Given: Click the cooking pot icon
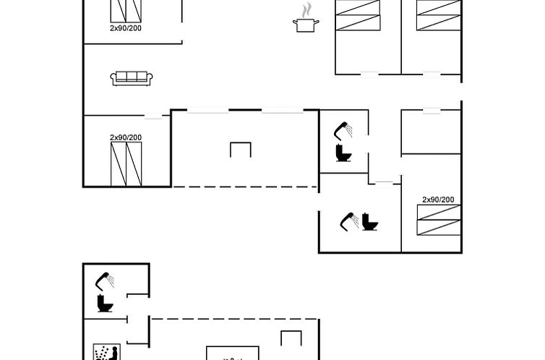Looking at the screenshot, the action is coord(306,25).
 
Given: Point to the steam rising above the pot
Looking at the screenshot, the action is coord(306,10).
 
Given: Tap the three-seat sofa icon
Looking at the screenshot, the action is coord(132,79).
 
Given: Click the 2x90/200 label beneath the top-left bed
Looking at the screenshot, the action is coord(126,28).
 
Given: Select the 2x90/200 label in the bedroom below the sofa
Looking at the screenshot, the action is coord(126,137).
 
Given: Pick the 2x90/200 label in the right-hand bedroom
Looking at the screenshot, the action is coord(438,200).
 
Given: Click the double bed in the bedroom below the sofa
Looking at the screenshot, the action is coord(126,164).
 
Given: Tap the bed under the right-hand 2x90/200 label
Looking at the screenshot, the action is coord(439,220).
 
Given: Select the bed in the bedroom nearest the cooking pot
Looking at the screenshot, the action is coord(358,15).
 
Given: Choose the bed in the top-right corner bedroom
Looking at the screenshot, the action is coord(439,15).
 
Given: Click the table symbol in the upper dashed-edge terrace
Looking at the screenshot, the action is coord(241,150).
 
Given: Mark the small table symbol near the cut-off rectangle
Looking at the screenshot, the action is coord(291,338).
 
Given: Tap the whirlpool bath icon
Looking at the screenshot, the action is coord(107,352).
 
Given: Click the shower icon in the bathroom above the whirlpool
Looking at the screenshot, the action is coord(105,281).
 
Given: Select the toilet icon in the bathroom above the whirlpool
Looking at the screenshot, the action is coord(105,304).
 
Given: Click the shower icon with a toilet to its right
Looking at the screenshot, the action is coord(349,222).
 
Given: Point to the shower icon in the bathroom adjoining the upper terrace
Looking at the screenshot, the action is coord(343,131).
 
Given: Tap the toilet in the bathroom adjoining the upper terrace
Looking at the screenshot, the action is coord(344,153).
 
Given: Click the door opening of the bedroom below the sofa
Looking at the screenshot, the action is coord(153,116).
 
